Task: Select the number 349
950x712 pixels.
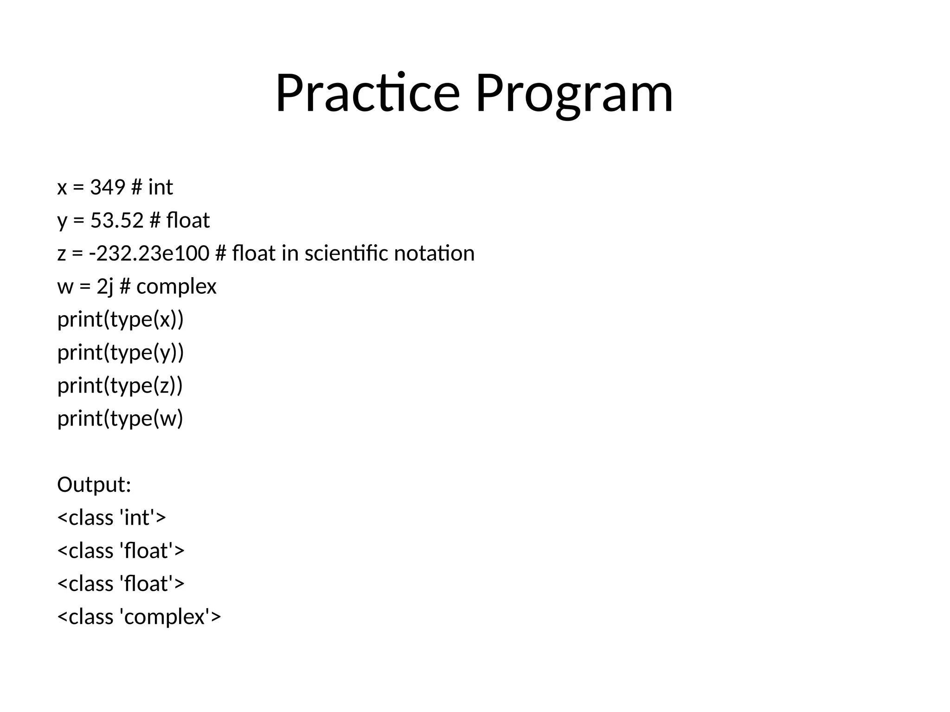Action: (x=108, y=187)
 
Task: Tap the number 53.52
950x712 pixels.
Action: (x=117, y=220)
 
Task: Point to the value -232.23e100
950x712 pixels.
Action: (x=149, y=254)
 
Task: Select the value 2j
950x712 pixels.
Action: (x=105, y=286)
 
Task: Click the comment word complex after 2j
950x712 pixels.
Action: (x=176, y=286)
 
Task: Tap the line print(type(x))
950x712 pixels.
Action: (x=121, y=319)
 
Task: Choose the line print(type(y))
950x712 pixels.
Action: (x=121, y=352)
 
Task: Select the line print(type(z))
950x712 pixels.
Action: (x=120, y=385)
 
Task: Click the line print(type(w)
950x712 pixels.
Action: (x=120, y=418)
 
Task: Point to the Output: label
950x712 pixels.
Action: (x=94, y=484)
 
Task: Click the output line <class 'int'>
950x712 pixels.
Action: (x=111, y=517)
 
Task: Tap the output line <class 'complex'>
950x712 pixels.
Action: (x=139, y=617)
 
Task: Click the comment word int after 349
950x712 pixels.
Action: (x=160, y=187)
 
